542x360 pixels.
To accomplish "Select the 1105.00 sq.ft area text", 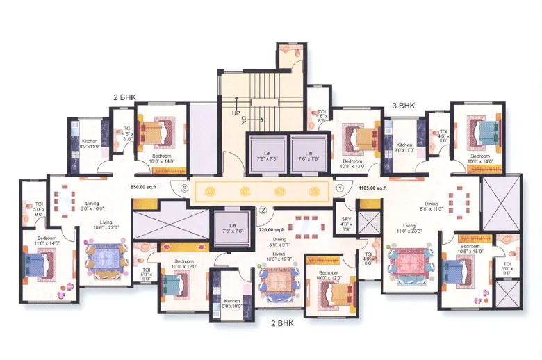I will coord(372,188).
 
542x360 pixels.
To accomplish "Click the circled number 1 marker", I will coord(340,188).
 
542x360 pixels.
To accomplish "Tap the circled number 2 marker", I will coord(263,211).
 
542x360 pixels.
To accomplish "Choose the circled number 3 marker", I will coord(184,188).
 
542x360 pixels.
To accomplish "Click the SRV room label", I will coord(346,222).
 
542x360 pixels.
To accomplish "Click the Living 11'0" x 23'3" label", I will coord(409,229).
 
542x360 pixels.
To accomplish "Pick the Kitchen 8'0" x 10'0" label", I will coord(231,304).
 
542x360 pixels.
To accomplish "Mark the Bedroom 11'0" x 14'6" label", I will coord(42,240).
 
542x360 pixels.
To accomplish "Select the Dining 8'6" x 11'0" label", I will coord(432,207).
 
